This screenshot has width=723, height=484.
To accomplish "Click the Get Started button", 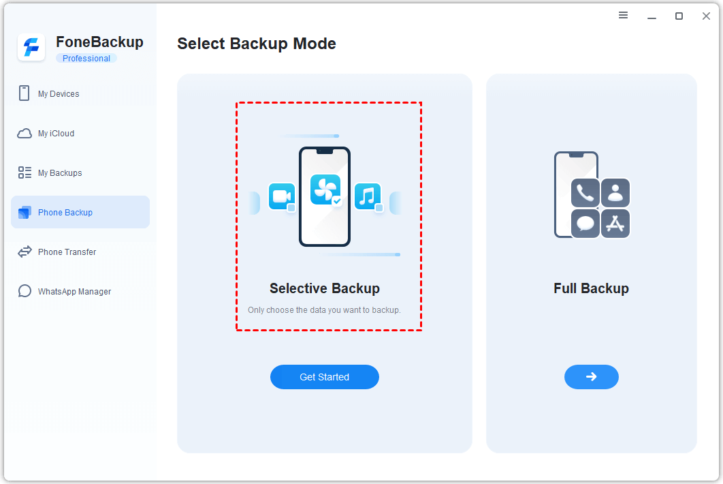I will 324,377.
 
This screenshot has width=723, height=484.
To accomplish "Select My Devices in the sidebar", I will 59,94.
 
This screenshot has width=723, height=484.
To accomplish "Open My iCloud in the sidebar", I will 56,134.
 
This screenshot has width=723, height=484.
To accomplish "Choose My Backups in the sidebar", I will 60,173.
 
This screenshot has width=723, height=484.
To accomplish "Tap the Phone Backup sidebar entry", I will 65,213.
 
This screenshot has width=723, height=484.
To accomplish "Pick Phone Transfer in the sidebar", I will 67,252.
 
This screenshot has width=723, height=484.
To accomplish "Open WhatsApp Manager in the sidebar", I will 74,292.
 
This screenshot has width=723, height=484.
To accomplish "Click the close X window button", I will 706,16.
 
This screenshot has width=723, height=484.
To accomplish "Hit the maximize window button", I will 679,16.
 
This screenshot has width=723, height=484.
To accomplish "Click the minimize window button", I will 652,16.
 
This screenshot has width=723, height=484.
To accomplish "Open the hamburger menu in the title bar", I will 623,15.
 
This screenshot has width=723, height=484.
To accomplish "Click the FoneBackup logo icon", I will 31,48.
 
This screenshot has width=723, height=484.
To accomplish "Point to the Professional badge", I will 86,59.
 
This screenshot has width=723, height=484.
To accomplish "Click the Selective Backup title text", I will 325,288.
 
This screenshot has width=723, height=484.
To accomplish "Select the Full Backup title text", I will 591,288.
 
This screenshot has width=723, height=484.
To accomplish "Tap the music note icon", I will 368,196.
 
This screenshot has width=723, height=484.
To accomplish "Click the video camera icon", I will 281,196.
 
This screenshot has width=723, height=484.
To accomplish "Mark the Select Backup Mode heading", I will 257,44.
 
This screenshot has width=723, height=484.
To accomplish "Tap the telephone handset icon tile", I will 585,193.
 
